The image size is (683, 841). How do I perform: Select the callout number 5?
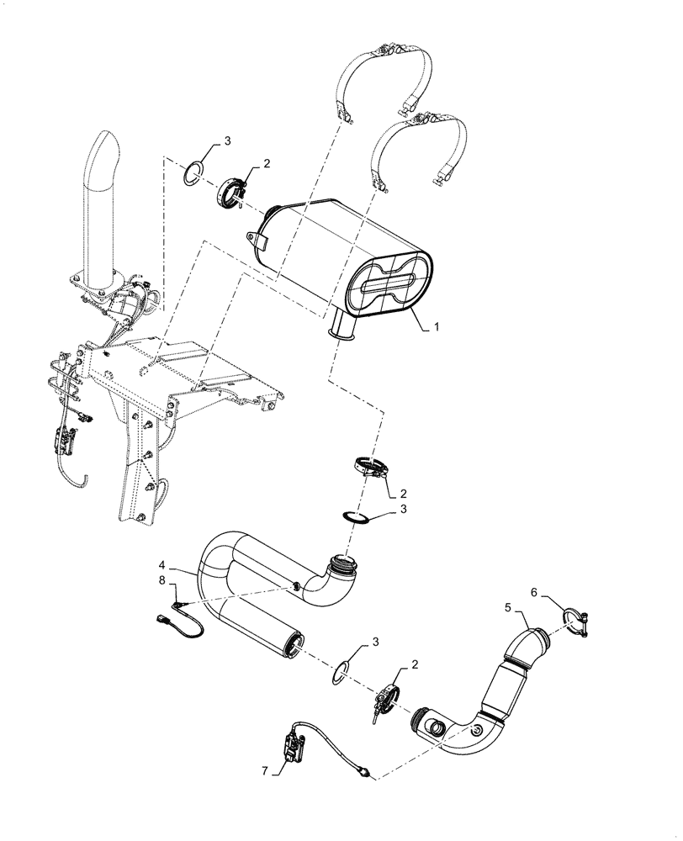(508, 606)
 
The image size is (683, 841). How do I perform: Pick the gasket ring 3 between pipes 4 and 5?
(341, 671)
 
